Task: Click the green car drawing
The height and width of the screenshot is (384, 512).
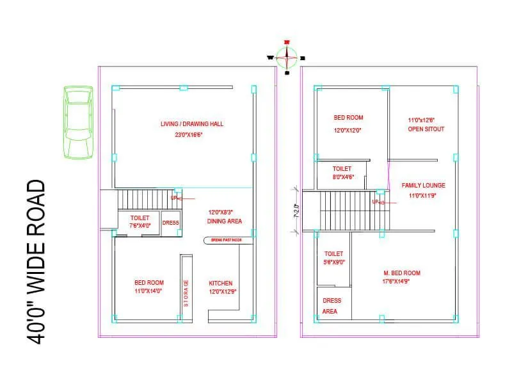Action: (x=77, y=122)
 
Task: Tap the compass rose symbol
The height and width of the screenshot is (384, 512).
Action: (x=287, y=57)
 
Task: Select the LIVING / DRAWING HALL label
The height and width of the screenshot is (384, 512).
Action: (x=191, y=124)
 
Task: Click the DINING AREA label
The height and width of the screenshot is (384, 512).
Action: (x=224, y=221)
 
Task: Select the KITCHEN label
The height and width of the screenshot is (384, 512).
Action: (x=221, y=283)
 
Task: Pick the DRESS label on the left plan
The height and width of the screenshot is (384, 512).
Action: (x=170, y=223)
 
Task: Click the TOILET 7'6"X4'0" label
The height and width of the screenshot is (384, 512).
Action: (x=140, y=221)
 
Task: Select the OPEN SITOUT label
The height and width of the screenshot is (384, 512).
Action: (x=426, y=129)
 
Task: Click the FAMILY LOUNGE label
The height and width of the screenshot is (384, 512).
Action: (x=423, y=186)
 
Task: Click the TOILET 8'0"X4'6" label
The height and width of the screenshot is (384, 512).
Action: (x=342, y=173)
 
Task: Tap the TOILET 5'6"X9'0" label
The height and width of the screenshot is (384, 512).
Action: (x=333, y=258)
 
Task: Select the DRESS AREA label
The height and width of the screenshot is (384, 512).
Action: (x=332, y=306)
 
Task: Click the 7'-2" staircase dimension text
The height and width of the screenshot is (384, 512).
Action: (x=296, y=209)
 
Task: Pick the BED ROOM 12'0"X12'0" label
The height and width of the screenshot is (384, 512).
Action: (x=348, y=124)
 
